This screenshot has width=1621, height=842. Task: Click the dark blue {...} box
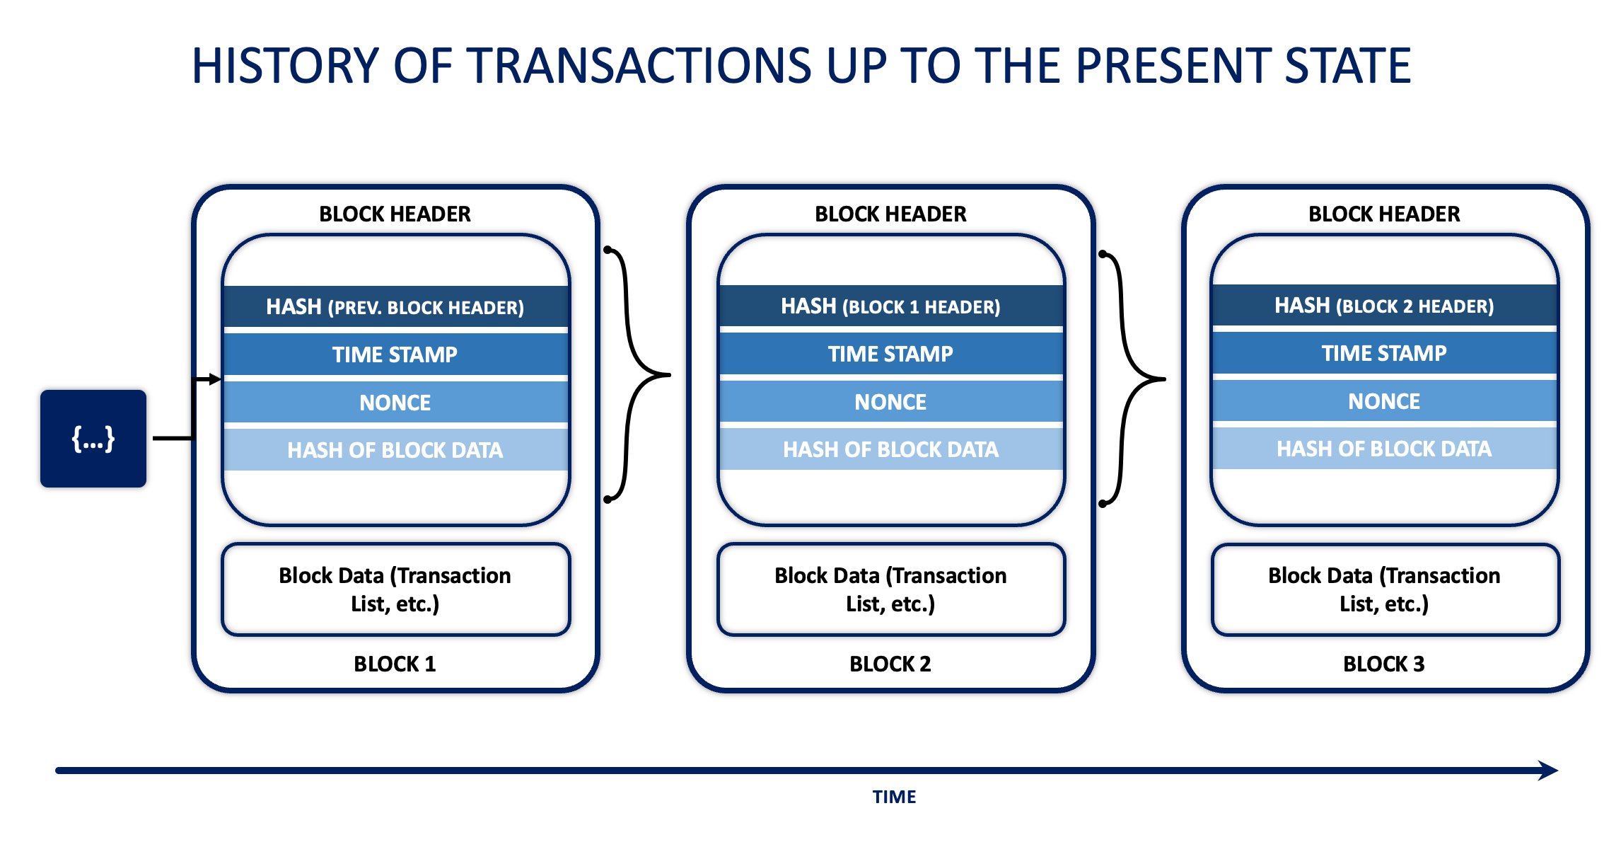coord(93,439)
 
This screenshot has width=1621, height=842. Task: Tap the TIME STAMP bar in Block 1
coord(395,354)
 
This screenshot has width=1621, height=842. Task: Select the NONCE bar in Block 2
coord(890,402)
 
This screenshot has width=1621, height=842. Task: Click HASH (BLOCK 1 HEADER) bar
coord(890,306)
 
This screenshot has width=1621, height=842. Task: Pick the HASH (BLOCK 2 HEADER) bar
coord(1384,306)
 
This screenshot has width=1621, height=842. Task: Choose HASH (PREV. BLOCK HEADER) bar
coord(395,307)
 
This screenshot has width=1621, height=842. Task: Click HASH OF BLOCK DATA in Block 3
coord(1384,449)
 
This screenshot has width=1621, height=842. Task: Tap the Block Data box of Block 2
coord(890,589)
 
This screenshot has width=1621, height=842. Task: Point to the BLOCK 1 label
coord(395,664)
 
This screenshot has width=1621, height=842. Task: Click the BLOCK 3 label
coord(1383,664)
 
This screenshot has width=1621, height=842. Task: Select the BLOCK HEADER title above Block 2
coord(890,214)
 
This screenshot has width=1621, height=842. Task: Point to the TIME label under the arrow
coord(894,797)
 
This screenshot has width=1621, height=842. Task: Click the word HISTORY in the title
coord(286,66)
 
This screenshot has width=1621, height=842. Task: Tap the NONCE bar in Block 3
coord(1384,401)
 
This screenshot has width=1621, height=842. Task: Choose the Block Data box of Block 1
coord(395,589)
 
